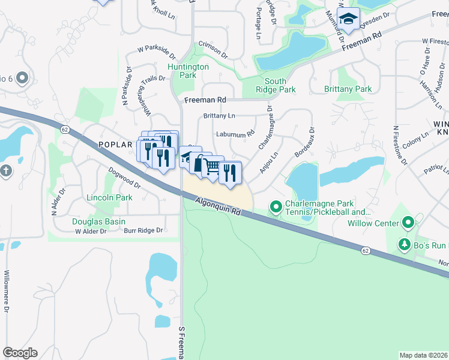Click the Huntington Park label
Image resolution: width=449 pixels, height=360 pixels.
(188, 71)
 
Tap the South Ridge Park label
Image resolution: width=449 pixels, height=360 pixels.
(280, 85)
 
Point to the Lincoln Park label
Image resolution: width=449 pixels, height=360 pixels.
(109, 197)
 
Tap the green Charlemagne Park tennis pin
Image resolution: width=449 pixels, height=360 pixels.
(276, 207)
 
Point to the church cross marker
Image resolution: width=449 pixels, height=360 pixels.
(6, 171)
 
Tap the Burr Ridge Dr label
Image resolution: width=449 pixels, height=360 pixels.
(143, 230)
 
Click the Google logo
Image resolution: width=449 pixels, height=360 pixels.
(20, 353)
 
